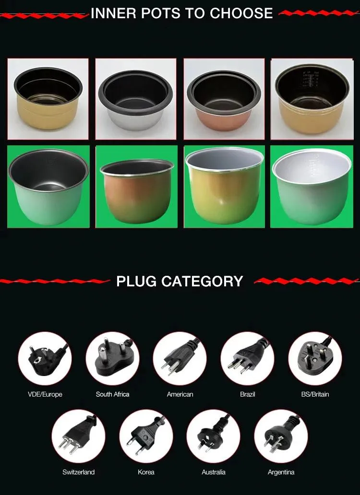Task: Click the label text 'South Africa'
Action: [112, 394]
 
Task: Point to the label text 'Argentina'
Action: [281, 472]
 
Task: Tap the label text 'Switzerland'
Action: [78, 472]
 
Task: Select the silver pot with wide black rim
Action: [136, 99]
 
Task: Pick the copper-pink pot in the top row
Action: [224, 99]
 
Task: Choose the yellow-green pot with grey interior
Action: [224, 187]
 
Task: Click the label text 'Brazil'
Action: [247, 394]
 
